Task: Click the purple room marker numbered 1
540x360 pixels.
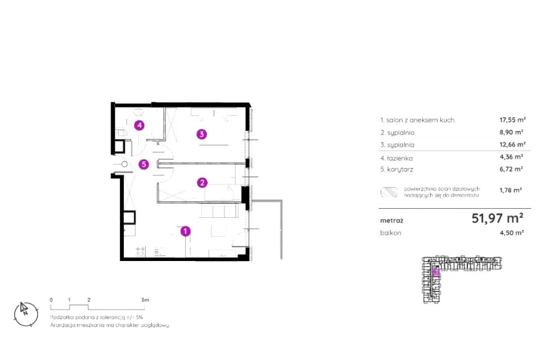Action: pyautogui.click(x=185, y=231)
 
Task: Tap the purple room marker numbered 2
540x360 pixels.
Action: pyautogui.click(x=202, y=183)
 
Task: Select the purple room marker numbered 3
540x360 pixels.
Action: pyautogui.click(x=202, y=134)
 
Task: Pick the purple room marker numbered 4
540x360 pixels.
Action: pyautogui.click(x=139, y=125)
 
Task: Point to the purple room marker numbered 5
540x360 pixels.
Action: pyautogui.click(x=143, y=164)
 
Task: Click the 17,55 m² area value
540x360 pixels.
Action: pyautogui.click(x=512, y=120)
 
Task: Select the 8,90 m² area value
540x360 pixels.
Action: pyautogui.click(x=511, y=132)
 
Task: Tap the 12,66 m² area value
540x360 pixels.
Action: pyautogui.click(x=512, y=145)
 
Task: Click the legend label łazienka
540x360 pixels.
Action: pyautogui.click(x=399, y=159)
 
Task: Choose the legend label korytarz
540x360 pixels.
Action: pyautogui.click(x=400, y=169)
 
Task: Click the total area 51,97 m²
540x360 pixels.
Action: pyautogui.click(x=497, y=218)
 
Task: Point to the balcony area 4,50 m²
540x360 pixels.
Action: pyautogui.click(x=512, y=232)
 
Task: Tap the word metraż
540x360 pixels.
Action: pyautogui.click(x=391, y=220)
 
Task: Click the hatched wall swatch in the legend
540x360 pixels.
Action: pyautogui.click(x=389, y=192)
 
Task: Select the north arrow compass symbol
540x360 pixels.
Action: pyautogui.click(x=26, y=314)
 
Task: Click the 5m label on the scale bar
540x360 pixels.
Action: pyautogui.click(x=145, y=300)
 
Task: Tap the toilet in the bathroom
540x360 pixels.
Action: pyautogui.click(x=121, y=133)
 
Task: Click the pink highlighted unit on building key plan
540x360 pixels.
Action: pyautogui.click(x=435, y=273)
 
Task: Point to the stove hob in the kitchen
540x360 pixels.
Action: pyautogui.click(x=140, y=251)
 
